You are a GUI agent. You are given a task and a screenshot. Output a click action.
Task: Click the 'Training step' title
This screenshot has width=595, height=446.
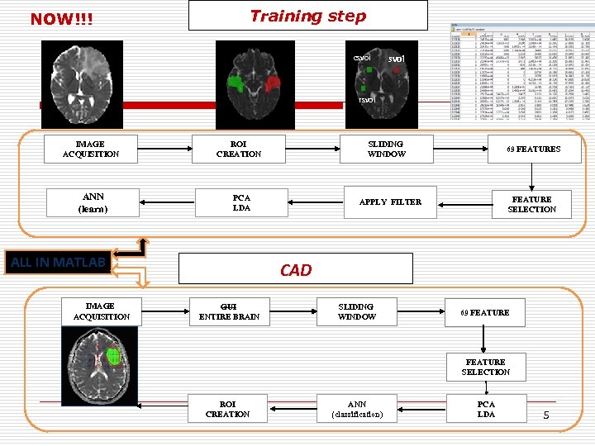307,16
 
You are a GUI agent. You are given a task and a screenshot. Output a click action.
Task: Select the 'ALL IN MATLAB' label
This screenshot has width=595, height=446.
58,263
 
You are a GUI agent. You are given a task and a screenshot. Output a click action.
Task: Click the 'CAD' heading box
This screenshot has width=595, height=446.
296,270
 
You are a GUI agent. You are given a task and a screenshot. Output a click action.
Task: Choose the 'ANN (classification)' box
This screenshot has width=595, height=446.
356,409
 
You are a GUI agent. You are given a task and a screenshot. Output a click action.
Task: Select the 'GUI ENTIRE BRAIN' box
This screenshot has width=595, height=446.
229,311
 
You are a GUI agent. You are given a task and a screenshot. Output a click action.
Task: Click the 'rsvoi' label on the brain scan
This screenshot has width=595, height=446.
365,100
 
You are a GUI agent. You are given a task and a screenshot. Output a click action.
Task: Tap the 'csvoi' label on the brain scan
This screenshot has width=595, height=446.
361,58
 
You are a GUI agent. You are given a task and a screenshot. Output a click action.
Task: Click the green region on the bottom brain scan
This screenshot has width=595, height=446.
112,358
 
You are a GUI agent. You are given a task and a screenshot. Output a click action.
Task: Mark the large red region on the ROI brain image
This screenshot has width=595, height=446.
273,85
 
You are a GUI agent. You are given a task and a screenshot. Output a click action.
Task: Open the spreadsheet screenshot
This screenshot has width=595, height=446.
521,71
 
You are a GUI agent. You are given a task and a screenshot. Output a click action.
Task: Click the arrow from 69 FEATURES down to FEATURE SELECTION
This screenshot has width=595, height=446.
534,178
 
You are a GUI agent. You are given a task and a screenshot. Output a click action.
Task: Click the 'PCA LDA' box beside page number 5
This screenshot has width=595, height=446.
486,409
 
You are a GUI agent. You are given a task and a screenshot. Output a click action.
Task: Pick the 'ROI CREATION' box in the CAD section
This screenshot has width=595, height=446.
227,409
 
